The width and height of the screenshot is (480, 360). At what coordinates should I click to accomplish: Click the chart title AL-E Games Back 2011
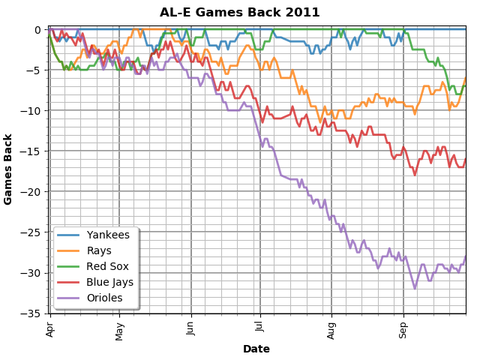(x=240, y=13)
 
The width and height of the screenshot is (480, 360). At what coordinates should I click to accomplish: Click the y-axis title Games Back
(x=9, y=169)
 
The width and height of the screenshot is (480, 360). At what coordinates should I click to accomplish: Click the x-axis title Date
(x=256, y=349)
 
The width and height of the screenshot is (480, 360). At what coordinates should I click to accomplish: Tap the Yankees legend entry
(x=108, y=235)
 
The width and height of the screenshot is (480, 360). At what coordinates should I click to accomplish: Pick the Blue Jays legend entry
(x=109, y=282)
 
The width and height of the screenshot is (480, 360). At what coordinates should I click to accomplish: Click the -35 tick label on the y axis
(x=33, y=313)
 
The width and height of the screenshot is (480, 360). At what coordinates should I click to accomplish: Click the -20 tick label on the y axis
(x=33, y=191)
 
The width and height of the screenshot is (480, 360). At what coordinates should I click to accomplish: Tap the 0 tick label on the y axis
(x=38, y=30)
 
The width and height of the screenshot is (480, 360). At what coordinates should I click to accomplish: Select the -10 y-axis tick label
(x=33, y=110)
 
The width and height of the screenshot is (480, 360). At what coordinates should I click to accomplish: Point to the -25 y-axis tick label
(x=33, y=232)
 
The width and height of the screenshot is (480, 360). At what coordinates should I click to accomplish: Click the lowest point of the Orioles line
(x=415, y=288)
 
